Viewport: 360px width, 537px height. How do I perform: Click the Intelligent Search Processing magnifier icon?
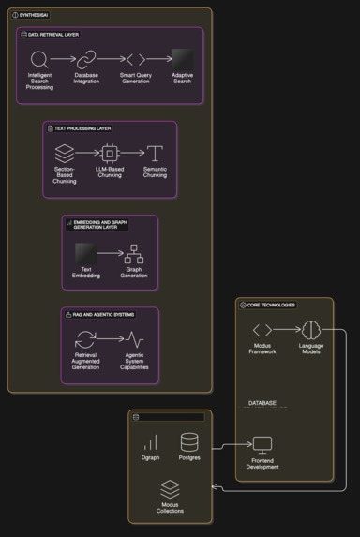[38, 59]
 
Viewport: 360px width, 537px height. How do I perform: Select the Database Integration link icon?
[86, 59]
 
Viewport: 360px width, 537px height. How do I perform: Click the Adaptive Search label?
[182, 77]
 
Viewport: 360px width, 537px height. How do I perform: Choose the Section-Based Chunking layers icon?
[64, 152]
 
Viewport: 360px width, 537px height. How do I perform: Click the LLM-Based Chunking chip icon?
[110, 152]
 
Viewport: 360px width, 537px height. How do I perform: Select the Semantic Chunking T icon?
[155, 152]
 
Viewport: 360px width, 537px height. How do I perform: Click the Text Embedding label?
[86, 273]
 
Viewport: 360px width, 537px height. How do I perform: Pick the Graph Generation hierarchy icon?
[133, 253]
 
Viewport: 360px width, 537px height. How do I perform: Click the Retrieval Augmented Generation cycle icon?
[86, 340]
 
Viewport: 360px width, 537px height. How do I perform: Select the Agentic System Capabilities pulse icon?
[134, 340]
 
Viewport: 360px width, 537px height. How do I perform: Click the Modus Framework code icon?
[262, 330]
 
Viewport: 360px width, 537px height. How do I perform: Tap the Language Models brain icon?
[310, 330]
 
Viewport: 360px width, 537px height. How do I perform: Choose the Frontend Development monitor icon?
[262, 445]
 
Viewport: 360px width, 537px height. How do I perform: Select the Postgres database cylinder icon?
[189, 441]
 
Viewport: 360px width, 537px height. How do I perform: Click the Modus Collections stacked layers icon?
[170, 489]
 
